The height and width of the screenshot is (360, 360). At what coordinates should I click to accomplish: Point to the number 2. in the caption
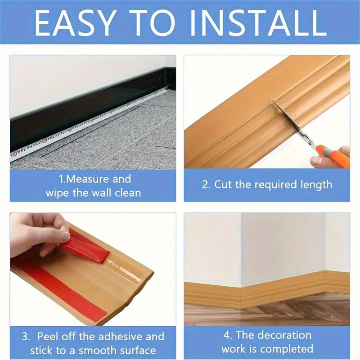(206, 184)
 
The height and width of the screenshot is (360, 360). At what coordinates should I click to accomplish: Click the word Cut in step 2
(224, 184)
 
